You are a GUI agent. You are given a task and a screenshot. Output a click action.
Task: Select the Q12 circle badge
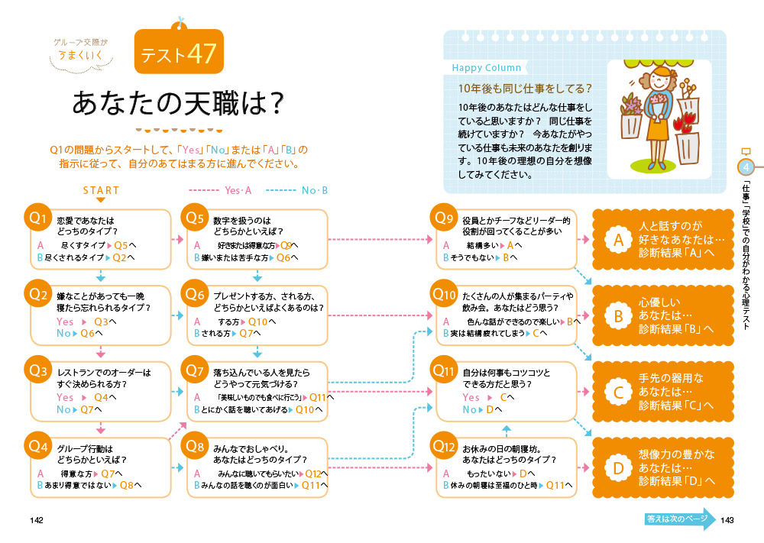coord(445,444)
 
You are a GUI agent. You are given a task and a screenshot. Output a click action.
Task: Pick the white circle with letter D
coord(617,468)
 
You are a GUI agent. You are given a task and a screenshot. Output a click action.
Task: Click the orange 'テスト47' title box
coord(179,53)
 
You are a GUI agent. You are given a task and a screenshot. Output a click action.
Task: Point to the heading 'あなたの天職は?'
coord(178,104)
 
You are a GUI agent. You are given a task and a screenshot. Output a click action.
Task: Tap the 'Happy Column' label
coord(487,68)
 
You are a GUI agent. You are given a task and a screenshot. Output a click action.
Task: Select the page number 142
coord(37,520)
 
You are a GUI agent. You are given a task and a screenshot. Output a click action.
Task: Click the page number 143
coord(727,520)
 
